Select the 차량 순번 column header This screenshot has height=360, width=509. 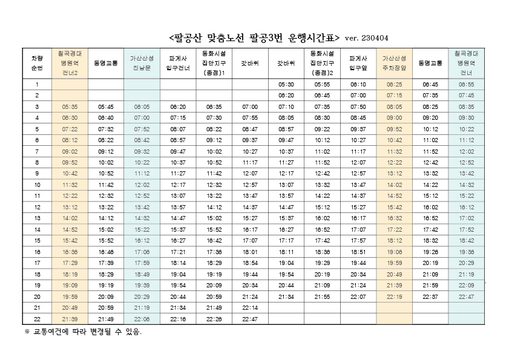[x=37, y=63]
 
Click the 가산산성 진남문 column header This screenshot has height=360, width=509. [x=142, y=63]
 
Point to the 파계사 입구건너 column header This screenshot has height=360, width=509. [x=178, y=63]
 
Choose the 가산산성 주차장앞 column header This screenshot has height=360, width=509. [x=394, y=63]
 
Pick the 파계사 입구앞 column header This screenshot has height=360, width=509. [x=358, y=63]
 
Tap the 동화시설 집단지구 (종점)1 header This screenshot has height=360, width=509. [x=214, y=63]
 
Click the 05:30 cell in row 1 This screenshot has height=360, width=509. [x=286, y=84]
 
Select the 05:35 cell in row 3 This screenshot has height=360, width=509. [x=70, y=106]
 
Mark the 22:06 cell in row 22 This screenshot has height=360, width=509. [x=142, y=319]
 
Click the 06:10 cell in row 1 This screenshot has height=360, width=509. [x=358, y=84]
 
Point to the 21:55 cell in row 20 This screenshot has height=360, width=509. [x=322, y=296]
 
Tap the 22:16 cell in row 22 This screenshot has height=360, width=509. [x=178, y=319]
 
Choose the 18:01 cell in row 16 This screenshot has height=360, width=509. [x=250, y=252]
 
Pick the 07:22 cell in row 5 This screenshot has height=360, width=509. [x=70, y=129]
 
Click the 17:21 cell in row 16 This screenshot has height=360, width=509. [x=178, y=252]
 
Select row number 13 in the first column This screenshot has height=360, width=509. [x=37, y=218]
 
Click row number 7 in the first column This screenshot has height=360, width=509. [x=37, y=151]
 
